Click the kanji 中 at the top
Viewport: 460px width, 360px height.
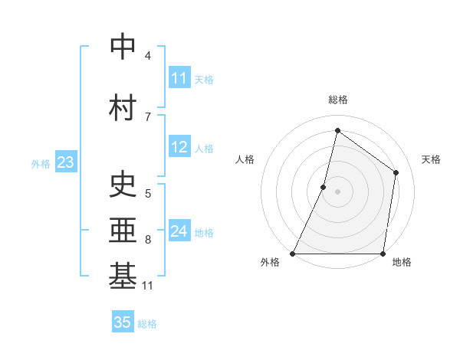(x=123, y=47)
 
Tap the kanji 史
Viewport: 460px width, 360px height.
(x=123, y=185)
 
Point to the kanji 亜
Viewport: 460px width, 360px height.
(x=123, y=231)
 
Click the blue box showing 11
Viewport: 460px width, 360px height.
(x=179, y=78)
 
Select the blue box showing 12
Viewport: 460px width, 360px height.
(x=179, y=147)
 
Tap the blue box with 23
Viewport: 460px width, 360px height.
(x=65, y=162)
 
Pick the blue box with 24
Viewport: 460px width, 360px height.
(x=179, y=231)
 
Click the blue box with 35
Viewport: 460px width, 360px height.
(x=123, y=322)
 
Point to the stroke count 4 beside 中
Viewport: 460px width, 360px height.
(x=148, y=55)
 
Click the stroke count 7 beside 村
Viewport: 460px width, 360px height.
(x=148, y=116)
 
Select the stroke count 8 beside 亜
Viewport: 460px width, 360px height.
(x=148, y=240)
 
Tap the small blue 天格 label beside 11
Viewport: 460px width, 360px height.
(x=204, y=80)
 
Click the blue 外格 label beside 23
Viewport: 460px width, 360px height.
(x=41, y=163)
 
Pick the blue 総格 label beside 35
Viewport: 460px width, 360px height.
(x=147, y=324)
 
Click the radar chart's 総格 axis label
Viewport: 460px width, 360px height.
(x=338, y=100)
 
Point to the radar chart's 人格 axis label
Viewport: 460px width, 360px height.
(x=245, y=159)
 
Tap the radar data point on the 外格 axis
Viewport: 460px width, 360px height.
(x=293, y=254)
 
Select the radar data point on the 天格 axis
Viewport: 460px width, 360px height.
(x=396, y=172)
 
